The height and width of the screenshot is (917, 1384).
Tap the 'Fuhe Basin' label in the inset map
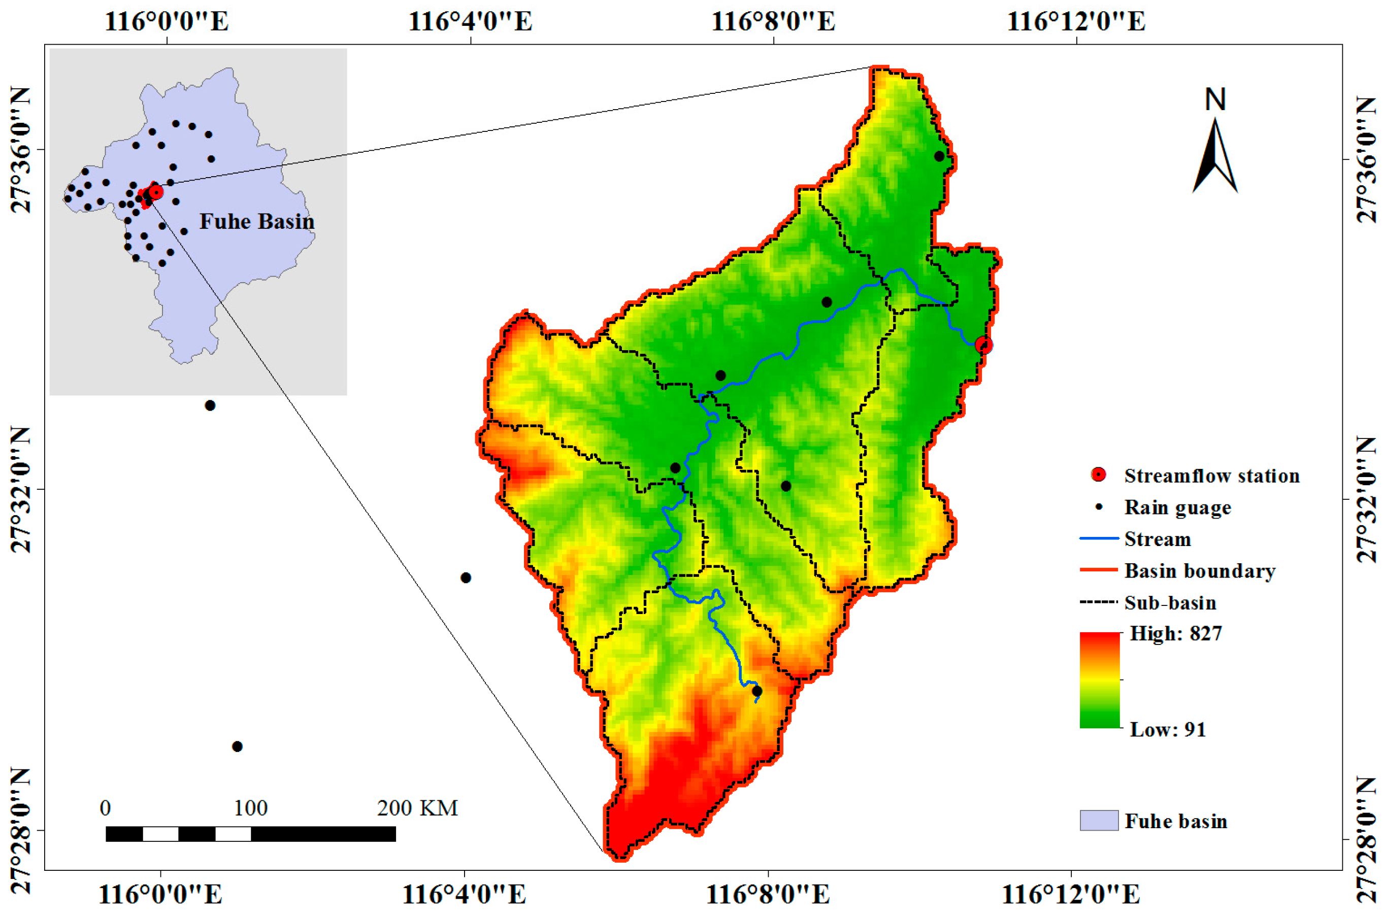click(x=257, y=221)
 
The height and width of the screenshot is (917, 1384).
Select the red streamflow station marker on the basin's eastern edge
click(x=983, y=345)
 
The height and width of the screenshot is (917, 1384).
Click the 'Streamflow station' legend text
click(x=1211, y=476)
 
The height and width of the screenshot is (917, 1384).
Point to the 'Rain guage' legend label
click(x=1177, y=507)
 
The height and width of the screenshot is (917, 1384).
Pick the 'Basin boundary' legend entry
click(x=1199, y=570)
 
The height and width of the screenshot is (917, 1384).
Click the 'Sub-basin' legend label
click(x=1170, y=602)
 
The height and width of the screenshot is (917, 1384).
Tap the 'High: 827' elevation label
click(x=1176, y=633)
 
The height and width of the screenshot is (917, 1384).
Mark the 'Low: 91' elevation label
click(x=1168, y=729)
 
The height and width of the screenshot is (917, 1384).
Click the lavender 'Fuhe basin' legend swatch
click(x=1099, y=821)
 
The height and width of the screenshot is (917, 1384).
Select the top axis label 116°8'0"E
click(x=773, y=22)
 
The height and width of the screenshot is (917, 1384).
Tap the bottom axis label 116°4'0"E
click(x=464, y=894)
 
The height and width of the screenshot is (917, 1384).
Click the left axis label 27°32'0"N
click(x=20, y=490)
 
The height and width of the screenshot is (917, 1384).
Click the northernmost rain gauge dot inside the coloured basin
click(x=939, y=156)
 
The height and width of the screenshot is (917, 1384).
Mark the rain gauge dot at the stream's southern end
click(x=756, y=691)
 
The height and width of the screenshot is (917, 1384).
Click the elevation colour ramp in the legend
click(x=1099, y=680)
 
